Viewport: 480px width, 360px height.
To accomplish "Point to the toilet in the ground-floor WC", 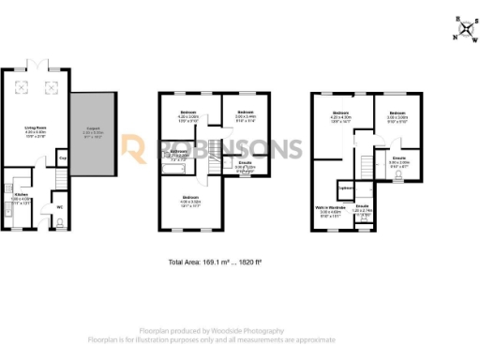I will click(59, 222).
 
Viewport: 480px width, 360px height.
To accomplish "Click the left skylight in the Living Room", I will click(28, 82).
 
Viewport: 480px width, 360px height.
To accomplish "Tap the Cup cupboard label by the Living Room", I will click(62, 157).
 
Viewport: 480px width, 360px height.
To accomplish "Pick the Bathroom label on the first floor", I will click(179, 150).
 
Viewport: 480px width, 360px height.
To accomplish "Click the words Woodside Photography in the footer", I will click(280, 331).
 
